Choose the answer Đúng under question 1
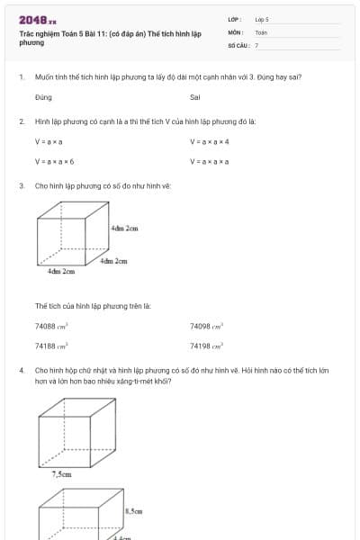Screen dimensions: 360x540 coord(43,96)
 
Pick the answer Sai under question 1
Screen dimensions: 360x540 coord(195,96)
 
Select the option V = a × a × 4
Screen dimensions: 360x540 coord(210,141)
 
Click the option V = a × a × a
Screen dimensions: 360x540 coord(210,161)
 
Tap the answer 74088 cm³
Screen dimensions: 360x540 coord(52,326)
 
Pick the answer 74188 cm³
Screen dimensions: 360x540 coord(52,346)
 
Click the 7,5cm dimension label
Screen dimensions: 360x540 coord(61,473)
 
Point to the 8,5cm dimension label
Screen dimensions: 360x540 coord(133,511)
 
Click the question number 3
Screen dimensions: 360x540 coord(21,185)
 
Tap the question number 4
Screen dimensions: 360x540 coord(21,370)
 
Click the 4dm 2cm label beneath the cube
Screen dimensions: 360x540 coord(60,271)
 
